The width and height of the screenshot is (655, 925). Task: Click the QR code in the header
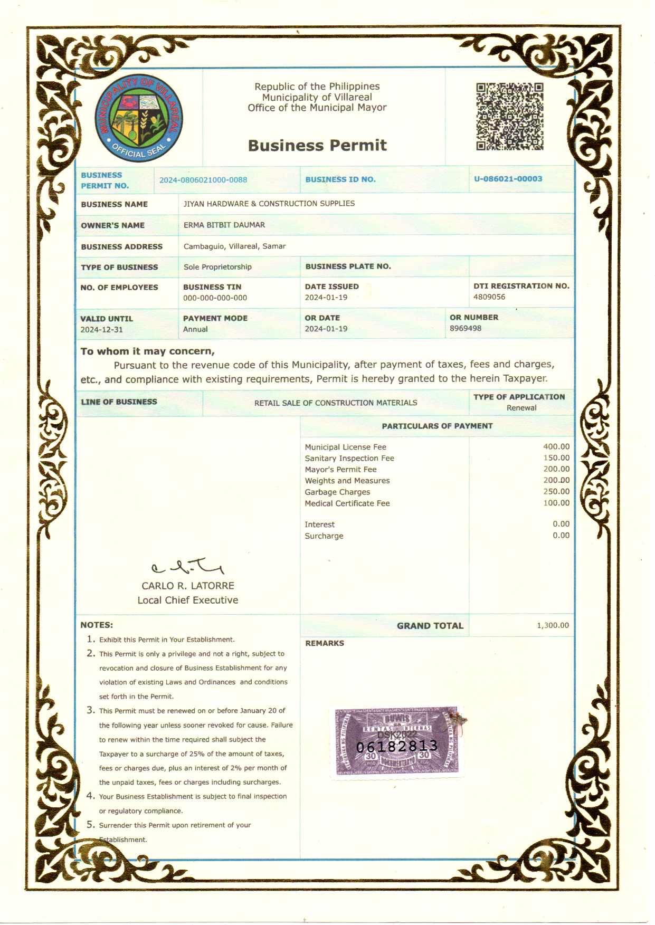coord(509,116)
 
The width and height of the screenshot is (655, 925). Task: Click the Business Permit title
coord(317,145)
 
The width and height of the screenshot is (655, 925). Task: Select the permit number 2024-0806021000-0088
coord(203,180)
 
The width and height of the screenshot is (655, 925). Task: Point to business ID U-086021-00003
coord(508,179)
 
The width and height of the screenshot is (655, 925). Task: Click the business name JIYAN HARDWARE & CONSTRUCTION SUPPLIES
coord(269,204)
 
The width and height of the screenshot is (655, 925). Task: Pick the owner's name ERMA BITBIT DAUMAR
coord(224,225)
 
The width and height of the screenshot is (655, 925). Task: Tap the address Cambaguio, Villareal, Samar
coord(234,246)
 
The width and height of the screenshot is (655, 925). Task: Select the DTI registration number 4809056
coord(489,297)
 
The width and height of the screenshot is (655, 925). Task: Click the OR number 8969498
coord(465,328)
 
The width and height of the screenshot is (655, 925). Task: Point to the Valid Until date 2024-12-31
coord(101,330)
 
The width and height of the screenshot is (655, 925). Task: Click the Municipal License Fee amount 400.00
coord(556,447)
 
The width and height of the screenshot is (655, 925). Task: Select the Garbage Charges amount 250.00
coord(556,492)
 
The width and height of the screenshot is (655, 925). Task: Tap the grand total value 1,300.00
coord(553,626)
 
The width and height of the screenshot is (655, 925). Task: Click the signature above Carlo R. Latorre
coord(187,567)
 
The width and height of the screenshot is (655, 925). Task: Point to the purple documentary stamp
coord(397,742)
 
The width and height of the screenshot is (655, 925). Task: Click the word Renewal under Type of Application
coord(521,408)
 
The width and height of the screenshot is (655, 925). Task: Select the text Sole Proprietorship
coord(217,267)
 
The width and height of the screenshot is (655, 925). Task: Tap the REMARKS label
coord(324,643)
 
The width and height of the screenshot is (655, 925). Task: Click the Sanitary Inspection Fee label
coord(349,459)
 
